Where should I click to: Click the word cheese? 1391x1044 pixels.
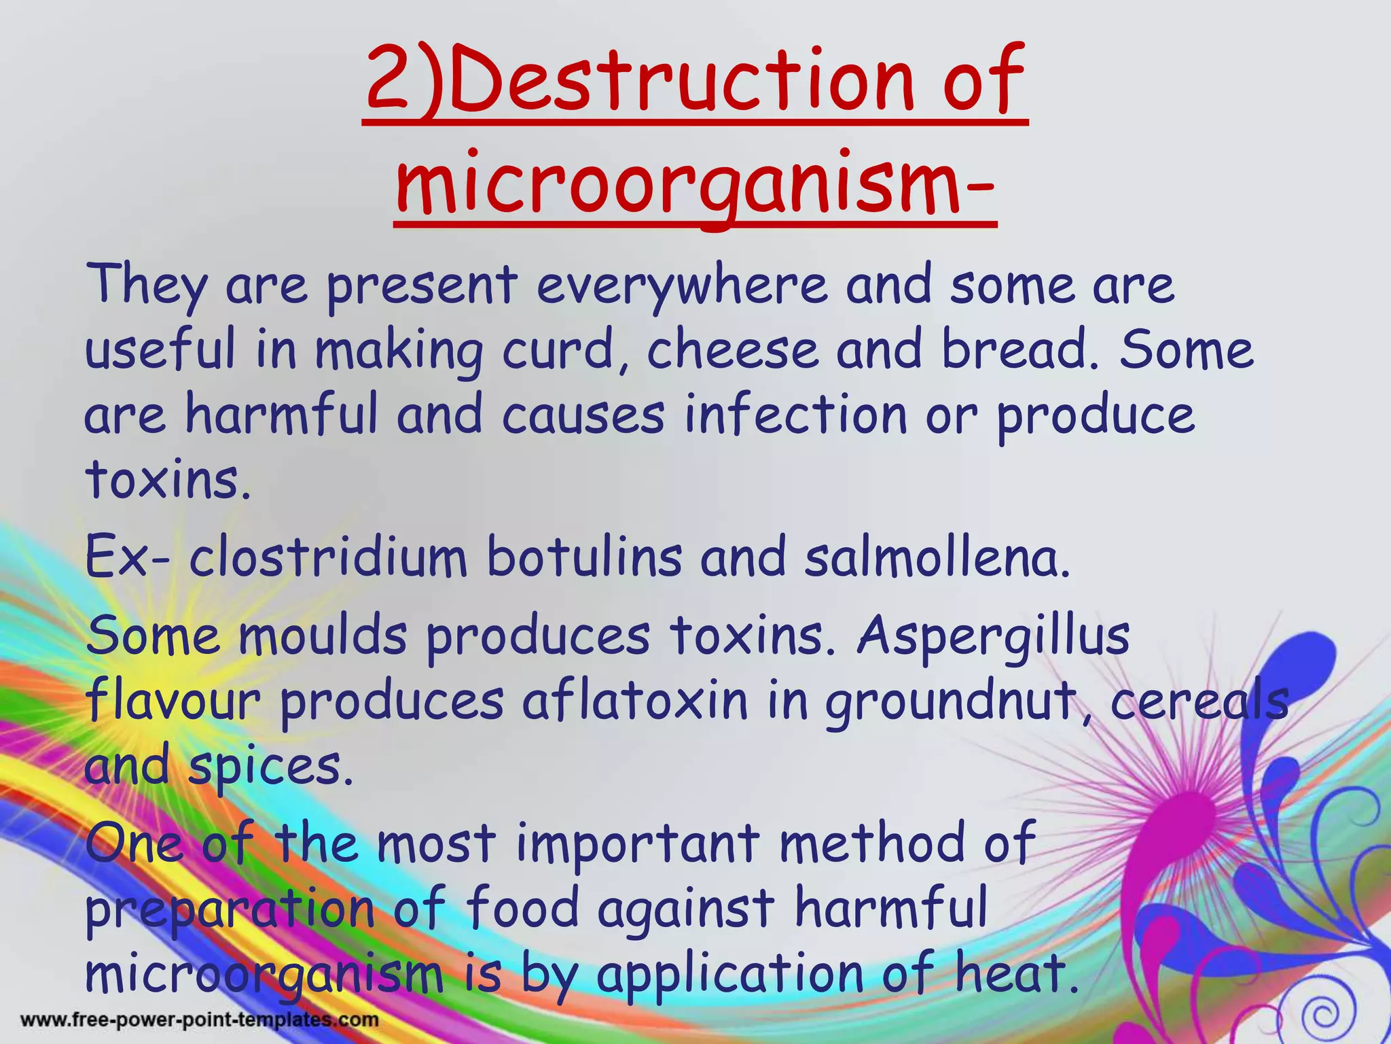point(732,351)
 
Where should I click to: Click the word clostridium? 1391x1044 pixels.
point(328,557)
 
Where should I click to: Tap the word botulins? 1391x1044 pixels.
point(584,557)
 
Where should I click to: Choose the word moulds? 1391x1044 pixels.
point(323,636)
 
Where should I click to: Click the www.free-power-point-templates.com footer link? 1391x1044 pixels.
point(200,1020)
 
